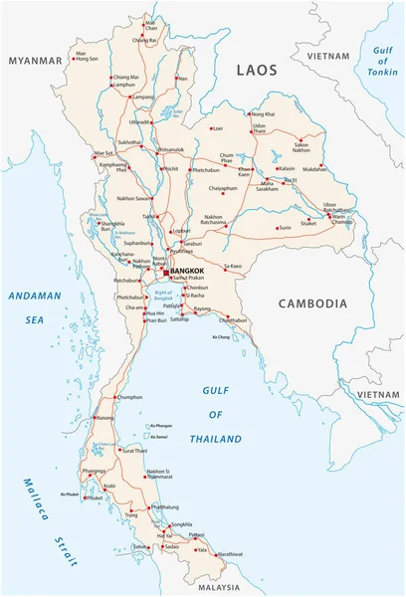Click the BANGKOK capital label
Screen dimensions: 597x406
point(187,271)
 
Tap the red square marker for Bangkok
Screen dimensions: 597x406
point(166,271)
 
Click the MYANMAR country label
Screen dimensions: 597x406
point(36,61)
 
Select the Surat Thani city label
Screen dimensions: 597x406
point(135,451)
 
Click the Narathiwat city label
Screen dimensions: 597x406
point(230,553)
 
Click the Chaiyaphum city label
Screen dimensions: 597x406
point(224,187)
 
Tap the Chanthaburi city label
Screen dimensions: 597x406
point(232,320)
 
